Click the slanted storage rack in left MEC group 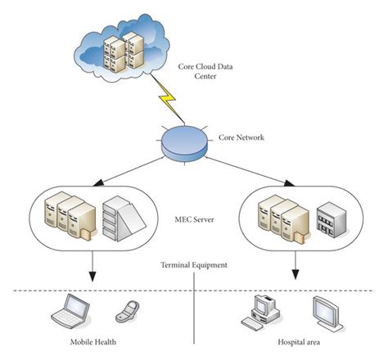tap(121, 220)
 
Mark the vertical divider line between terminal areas tap(193, 319)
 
